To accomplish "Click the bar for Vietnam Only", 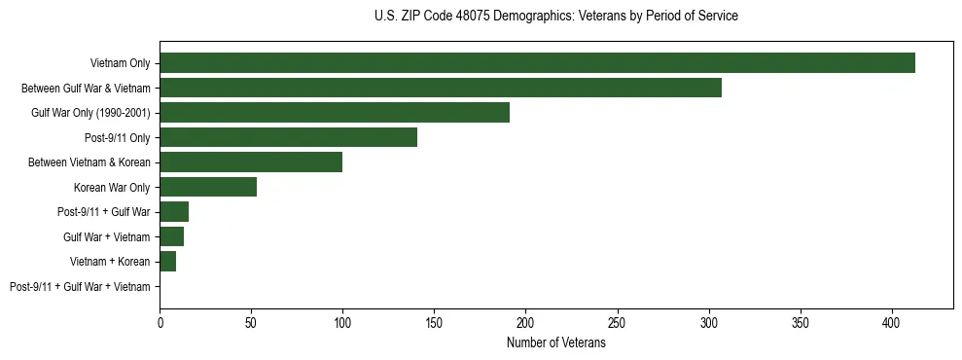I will click(537, 63).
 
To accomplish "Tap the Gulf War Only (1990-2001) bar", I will click(335, 113).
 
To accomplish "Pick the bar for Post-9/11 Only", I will click(288, 137).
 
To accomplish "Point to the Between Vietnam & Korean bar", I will click(251, 162).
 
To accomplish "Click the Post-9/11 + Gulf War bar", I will click(174, 212).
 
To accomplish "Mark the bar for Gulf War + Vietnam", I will click(171, 236).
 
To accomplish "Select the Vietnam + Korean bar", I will click(167, 262).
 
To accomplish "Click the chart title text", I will click(555, 17).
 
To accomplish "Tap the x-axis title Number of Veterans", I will click(555, 343).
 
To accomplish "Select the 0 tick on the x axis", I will click(160, 322).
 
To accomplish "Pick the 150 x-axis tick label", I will click(434, 322).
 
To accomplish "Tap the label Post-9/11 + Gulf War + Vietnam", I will click(80, 287).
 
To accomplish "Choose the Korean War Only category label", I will click(112, 188).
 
